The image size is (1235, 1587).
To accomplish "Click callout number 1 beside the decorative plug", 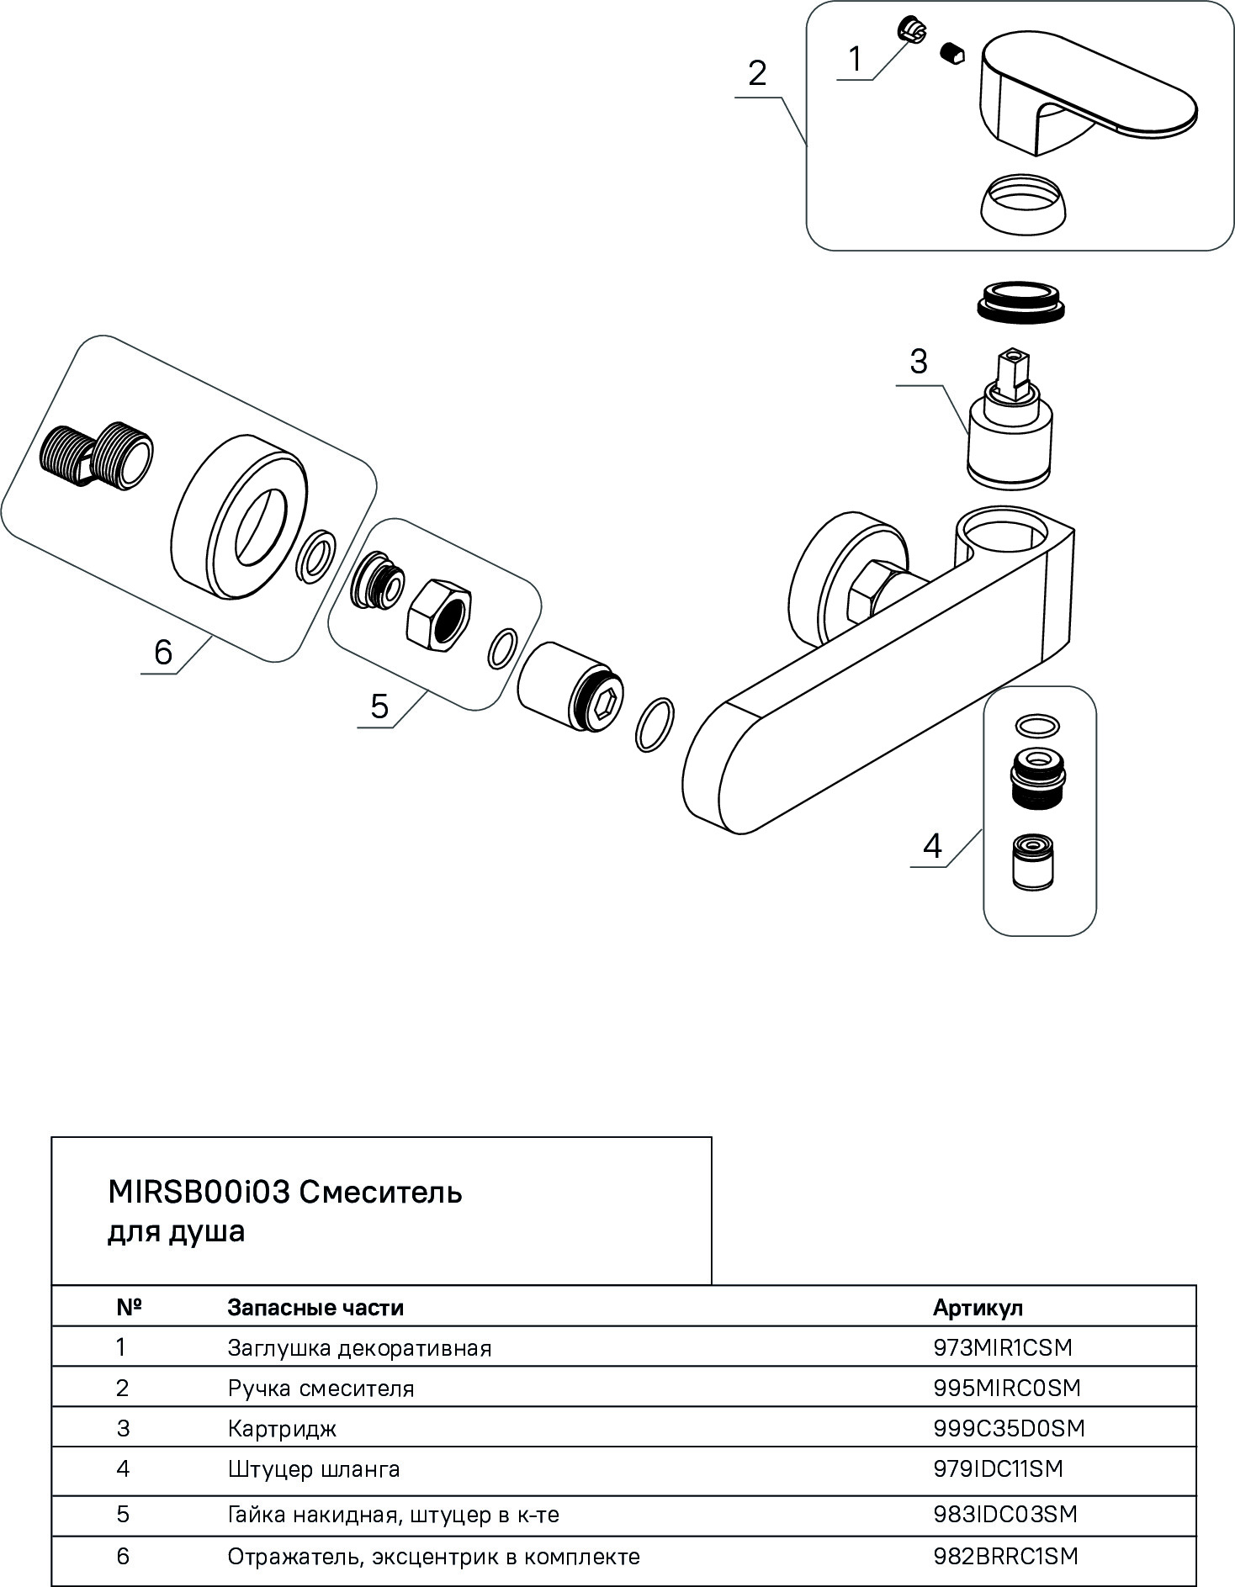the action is pyautogui.click(x=855, y=60).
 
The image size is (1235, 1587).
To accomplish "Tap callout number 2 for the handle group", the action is pyautogui.click(x=757, y=74).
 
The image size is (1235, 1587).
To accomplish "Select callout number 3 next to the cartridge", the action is pyautogui.click(x=918, y=362).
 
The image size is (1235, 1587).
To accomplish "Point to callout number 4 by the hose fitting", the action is pyautogui.click(x=932, y=845).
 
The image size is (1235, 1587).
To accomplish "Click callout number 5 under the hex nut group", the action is pyautogui.click(x=379, y=706).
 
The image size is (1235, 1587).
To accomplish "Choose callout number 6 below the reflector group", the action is pyautogui.click(x=163, y=652).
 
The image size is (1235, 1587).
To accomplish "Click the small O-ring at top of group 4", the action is pyautogui.click(x=1037, y=725).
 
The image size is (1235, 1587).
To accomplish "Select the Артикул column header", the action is pyautogui.click(x=978, y=1309).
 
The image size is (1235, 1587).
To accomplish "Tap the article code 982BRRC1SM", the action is pyautogui.click(x=1005, y=1556).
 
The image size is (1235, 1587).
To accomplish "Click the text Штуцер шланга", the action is pyautogui.click(x=314, y=1470).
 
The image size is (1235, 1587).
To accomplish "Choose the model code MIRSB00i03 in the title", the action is pyautogui.click(x=199, y=1192).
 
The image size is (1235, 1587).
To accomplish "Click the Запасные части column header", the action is pyautogui.click(x=315, y=1309).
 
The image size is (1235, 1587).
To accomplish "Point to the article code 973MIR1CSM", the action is pyautogui.click(x=1003, y=1347).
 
